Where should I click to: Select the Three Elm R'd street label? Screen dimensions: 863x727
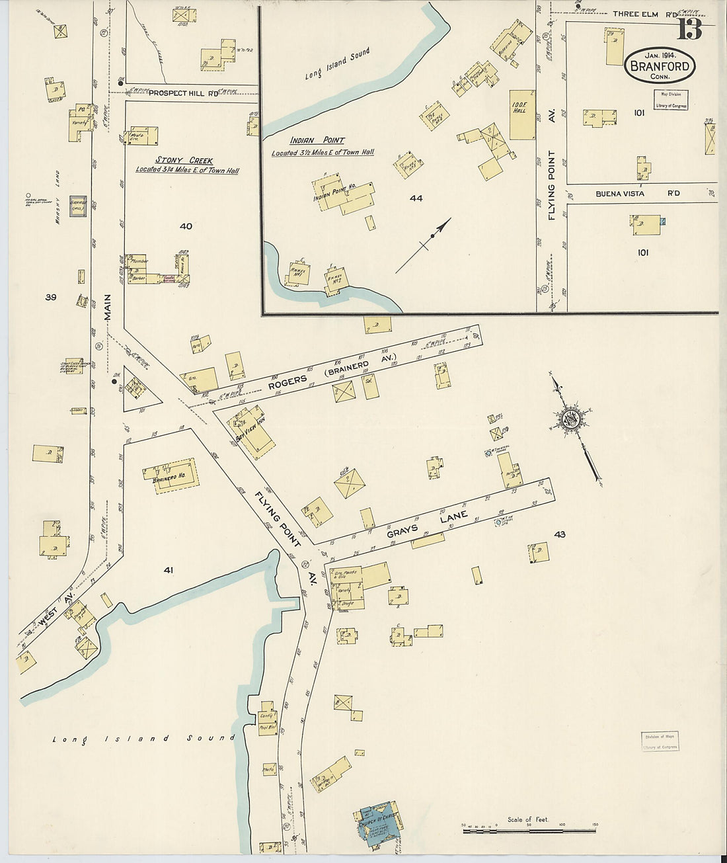(635, 14)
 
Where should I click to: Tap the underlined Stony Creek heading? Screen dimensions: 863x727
(174, 160)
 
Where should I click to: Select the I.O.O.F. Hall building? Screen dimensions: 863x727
(522, 114)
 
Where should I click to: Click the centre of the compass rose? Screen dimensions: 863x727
(570, 419)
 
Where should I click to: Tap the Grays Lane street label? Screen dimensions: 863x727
(428, 524)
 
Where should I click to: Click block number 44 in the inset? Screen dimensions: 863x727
(416, 198)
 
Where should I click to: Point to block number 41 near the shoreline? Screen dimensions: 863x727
(168, 568)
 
